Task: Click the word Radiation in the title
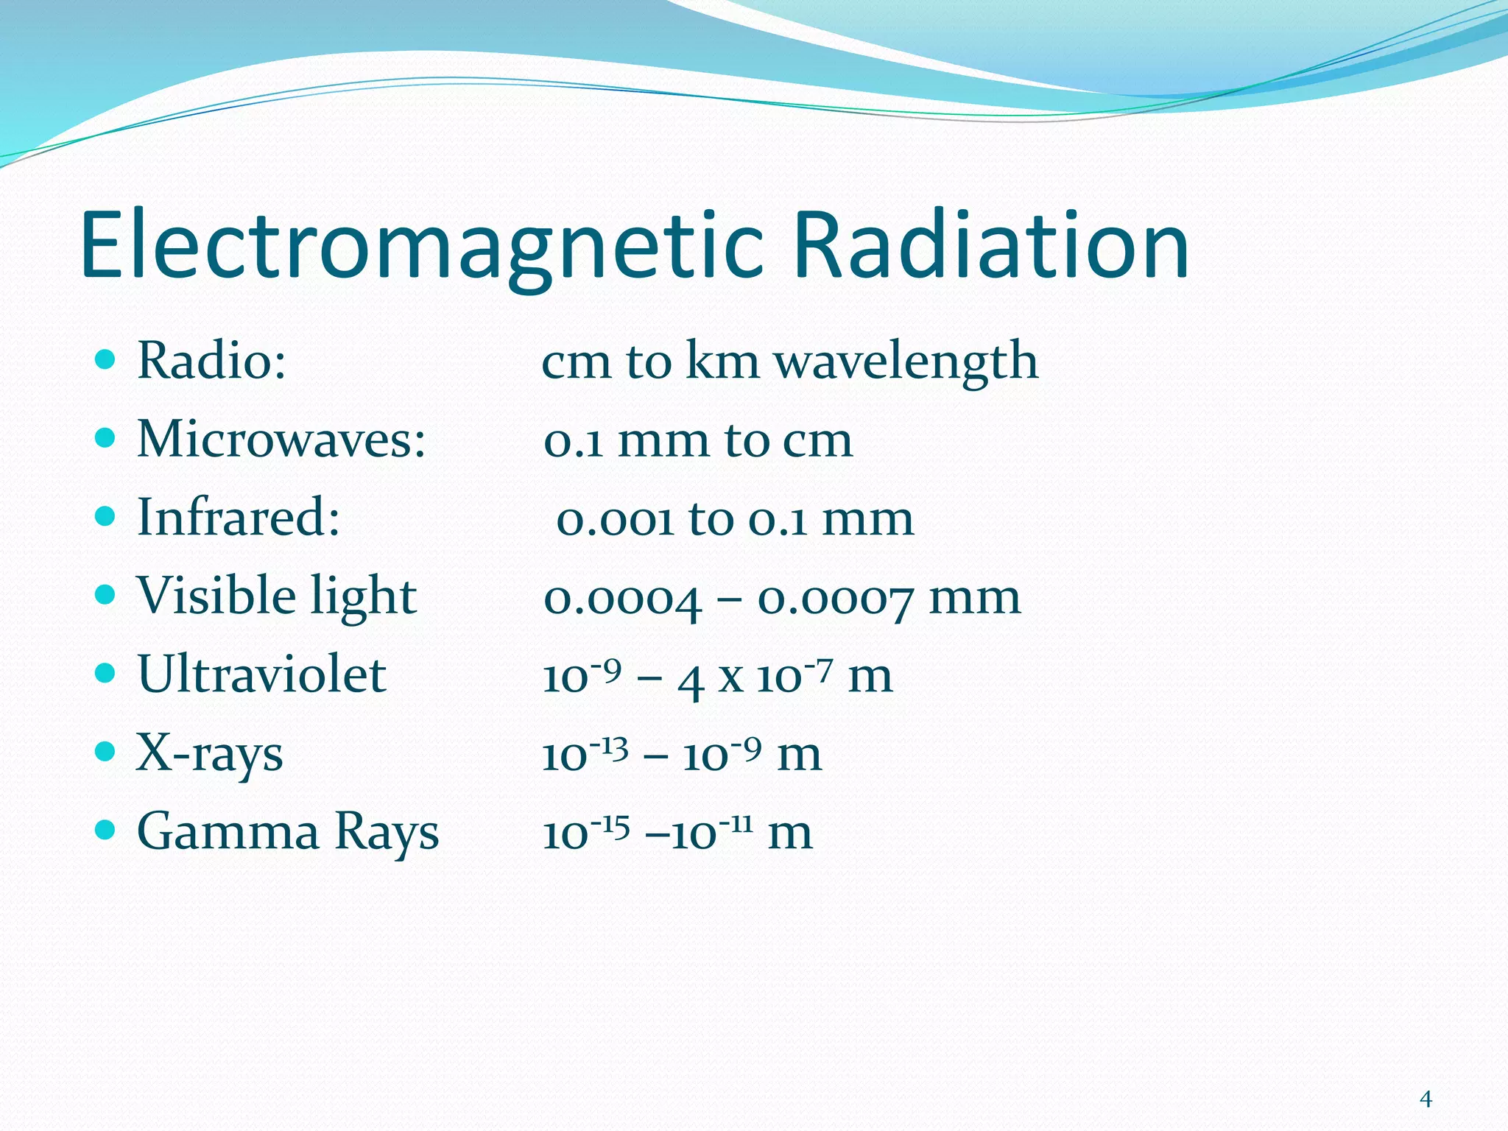click(x=990, y=247)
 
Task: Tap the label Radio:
click(x=212, y=362)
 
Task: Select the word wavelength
click(x=906, y=362)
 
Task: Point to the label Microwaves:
click(x=281, y=440)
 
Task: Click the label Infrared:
click(x=239, y=518)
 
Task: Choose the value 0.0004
click(x=622, y=598)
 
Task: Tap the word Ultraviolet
click(x=261, y=674)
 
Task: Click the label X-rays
click(x=210, y=754)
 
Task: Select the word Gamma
click(x=228, y=832)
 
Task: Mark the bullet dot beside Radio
click(x=106, y=359)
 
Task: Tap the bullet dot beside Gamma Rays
click(x=106, y=830)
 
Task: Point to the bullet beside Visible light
click(x=106, y=594)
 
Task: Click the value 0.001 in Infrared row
click(x=615, y=519)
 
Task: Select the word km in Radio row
click(x=722, y=362)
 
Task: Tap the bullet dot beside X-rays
click(x=106, y=752)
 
